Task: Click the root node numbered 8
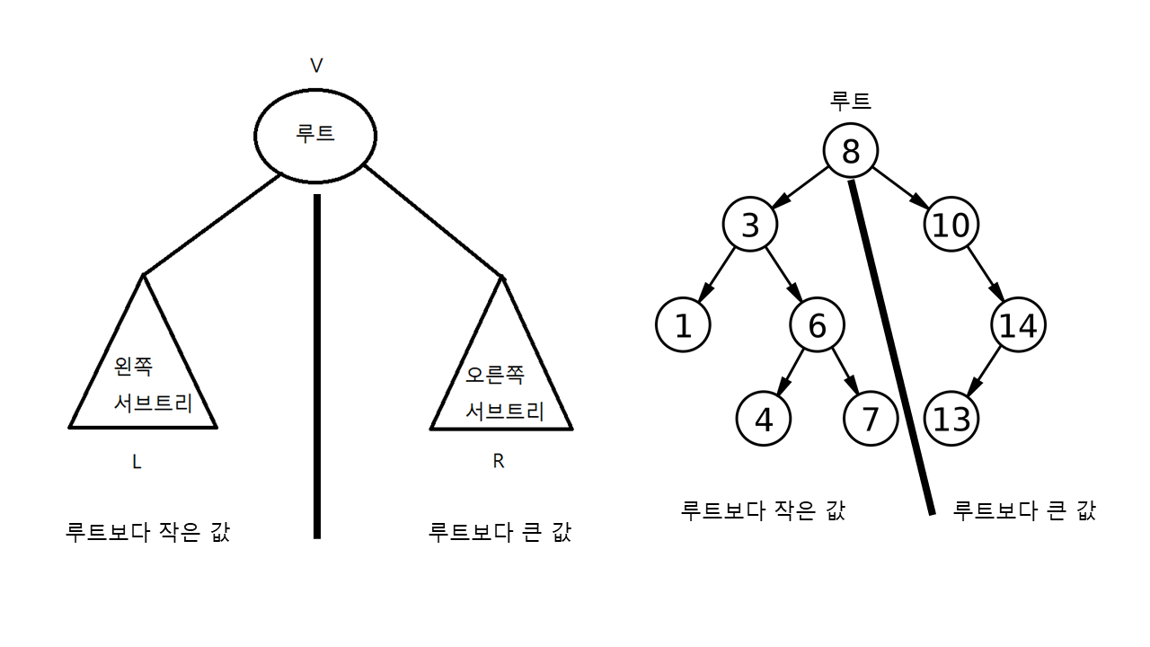850,151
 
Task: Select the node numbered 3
750,225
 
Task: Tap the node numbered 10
951,225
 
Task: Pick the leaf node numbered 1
683,325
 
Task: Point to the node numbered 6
817,325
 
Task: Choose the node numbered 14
1018,325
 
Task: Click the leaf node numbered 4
763,419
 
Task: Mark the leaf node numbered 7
871,419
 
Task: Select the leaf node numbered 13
951,419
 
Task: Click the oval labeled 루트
315,135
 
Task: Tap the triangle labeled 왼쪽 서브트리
144,377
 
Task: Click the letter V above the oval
316,66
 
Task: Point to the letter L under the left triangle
137,463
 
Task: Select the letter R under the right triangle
499,462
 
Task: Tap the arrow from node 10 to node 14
985,275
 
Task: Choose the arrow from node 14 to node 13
985,370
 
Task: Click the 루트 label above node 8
851,101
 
